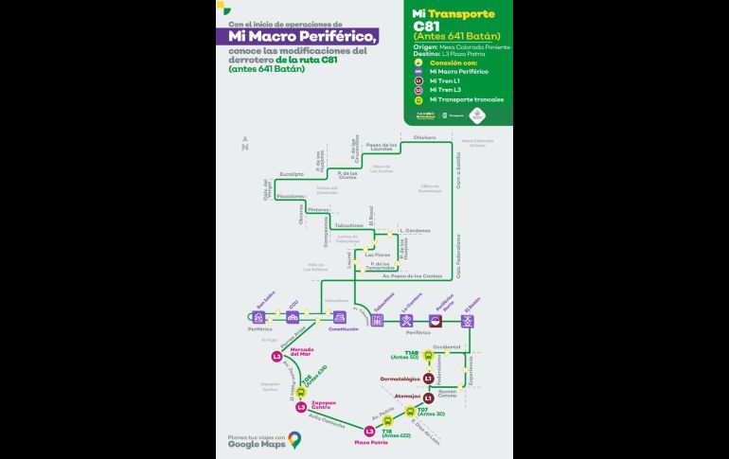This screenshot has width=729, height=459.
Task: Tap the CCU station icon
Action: click(293, 317)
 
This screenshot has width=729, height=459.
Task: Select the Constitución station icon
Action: click(340, 317)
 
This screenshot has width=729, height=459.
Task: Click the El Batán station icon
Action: click(468, 321)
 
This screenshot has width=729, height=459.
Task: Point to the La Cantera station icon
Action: click(406, 321)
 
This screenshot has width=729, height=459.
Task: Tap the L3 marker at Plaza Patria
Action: click(370, 432)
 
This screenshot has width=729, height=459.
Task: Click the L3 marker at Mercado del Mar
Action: click(276, 357)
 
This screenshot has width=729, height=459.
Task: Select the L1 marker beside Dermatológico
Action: click(429, 379)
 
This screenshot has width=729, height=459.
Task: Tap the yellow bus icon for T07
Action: click(409, 411)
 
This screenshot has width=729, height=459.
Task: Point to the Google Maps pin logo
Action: click(295, 439)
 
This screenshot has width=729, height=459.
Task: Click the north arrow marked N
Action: click(244, 146)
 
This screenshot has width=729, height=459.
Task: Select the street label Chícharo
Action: click(425, 137)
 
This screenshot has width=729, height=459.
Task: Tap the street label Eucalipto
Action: click(291, 175)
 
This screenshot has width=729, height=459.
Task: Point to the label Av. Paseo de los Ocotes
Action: click(413, 275)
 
